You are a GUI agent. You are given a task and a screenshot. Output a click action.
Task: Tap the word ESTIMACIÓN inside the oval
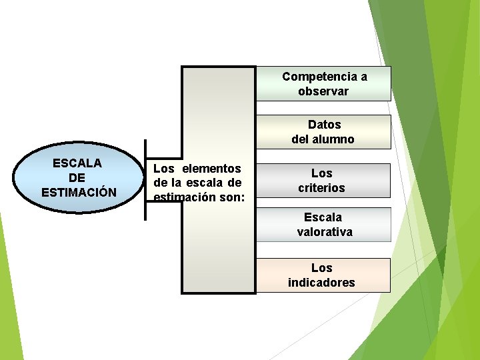pos(79,193)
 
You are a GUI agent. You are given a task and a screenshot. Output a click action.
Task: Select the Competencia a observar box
pos(323,84)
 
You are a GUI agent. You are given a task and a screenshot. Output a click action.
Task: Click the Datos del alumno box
pos(323,132)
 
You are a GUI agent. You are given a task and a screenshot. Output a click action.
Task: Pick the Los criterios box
pos(323,181)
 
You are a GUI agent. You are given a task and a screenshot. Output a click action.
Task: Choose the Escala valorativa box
pos(323,225)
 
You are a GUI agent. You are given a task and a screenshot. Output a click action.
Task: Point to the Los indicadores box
pos(323,275)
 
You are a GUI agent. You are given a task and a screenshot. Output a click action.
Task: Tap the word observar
pos(323,91)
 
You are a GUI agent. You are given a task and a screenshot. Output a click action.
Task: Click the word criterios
pos(321,188)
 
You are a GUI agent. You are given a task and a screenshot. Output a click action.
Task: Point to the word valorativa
pos(325,232)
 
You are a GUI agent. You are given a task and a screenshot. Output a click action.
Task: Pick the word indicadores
pos(321,283)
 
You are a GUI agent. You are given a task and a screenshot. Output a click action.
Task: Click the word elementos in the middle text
pos(211,169)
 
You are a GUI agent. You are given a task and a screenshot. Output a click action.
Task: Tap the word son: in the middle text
pos(230,197)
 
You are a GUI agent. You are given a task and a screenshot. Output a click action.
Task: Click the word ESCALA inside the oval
pos(77,163)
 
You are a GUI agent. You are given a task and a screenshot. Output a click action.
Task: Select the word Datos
pos(325,125)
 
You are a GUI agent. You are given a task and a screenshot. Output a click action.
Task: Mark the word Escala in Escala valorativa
pos(323,217)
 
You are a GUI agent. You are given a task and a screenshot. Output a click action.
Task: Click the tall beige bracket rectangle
pos(218,253)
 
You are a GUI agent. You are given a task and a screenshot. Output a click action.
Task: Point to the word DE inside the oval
pos(77,177)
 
